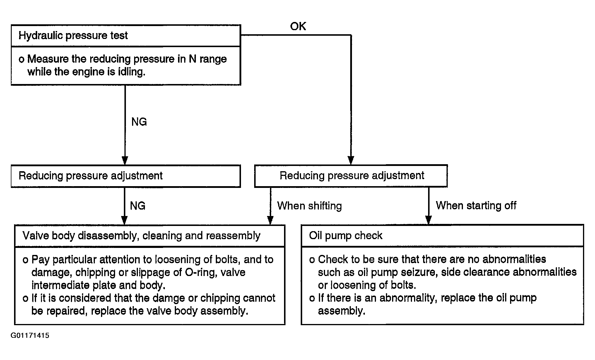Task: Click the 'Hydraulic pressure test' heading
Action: (73, 35)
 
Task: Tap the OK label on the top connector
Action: (298, 26)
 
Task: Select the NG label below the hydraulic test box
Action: (139, 122)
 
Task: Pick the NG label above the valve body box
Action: (138, 206)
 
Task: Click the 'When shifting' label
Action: (310, 206)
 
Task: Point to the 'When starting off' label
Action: (476, 205)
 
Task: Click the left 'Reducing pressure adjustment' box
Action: (126, 176)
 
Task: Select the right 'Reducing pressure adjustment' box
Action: (351, 176)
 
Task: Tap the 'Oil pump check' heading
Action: (346, 236)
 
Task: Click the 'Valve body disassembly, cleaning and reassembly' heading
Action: (141, 236)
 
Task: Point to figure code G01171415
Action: (30, 335)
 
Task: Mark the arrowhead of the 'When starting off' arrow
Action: (428, 220)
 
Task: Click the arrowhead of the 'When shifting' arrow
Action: (270, 220)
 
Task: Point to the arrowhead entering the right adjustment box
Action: (351, 160)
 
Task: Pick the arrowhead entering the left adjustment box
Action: (125, 161)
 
